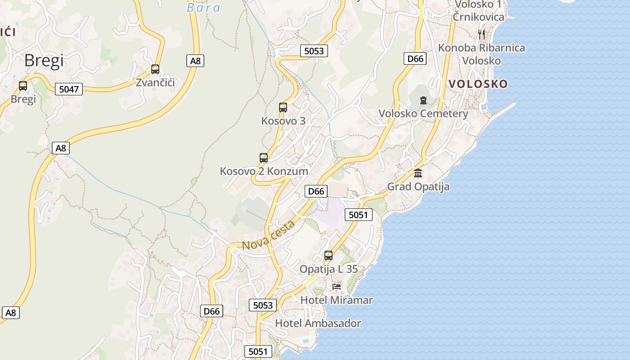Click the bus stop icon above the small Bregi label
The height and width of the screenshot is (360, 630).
(23, 85)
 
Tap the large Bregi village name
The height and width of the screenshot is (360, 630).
(44, 60)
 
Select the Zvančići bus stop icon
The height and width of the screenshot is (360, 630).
(155, 69)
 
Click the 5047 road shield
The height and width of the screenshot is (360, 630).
(69, 89)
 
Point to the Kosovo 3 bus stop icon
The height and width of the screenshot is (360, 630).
(283, 108)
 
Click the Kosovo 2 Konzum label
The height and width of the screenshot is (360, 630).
(264, 171)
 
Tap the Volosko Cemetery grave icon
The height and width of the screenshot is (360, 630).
(423, 100)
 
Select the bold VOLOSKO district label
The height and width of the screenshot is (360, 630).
(478, 84)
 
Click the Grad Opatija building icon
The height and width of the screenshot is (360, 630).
(418, 173)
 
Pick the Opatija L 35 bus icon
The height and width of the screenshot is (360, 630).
(328, 256)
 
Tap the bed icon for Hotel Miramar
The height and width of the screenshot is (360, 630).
(337, 286)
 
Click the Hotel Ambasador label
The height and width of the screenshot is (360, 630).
(318, 323)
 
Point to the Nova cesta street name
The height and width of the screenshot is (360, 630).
(269, 236)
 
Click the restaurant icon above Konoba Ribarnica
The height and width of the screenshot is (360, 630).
(481, 34)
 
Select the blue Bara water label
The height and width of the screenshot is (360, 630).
(203, 8)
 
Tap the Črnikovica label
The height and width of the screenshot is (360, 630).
(478, 17)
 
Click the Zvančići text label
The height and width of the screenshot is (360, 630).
(155, 82)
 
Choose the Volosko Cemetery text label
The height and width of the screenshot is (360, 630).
(423, 113)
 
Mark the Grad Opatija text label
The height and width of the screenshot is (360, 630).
(418, 186)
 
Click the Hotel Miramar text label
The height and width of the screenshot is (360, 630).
(337, 300)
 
